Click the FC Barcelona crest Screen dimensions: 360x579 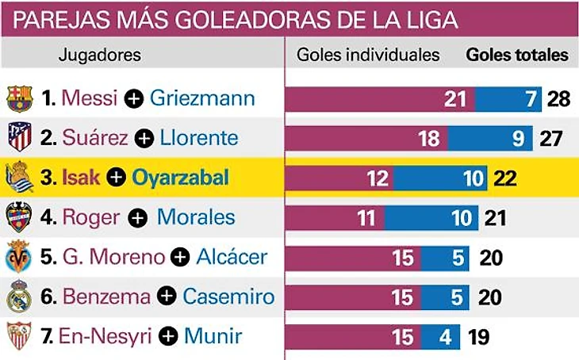coord(18,98)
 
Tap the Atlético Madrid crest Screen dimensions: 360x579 coord(18,138)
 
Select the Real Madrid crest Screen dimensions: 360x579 coord(18,297)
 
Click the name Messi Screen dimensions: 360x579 coord(89,98)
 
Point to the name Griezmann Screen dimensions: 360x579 coord(202,98)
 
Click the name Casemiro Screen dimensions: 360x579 coord(228,297)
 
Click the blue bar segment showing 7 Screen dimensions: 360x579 coord(508,99)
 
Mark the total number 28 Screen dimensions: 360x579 coord(559,99)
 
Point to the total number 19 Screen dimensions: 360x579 coord(478,337)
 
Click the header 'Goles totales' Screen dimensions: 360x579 coord(517,56)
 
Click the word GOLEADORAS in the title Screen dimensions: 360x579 coord(229,19)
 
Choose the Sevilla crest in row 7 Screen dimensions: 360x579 coord(18,337)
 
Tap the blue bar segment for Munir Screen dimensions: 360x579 coord(440,337)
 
